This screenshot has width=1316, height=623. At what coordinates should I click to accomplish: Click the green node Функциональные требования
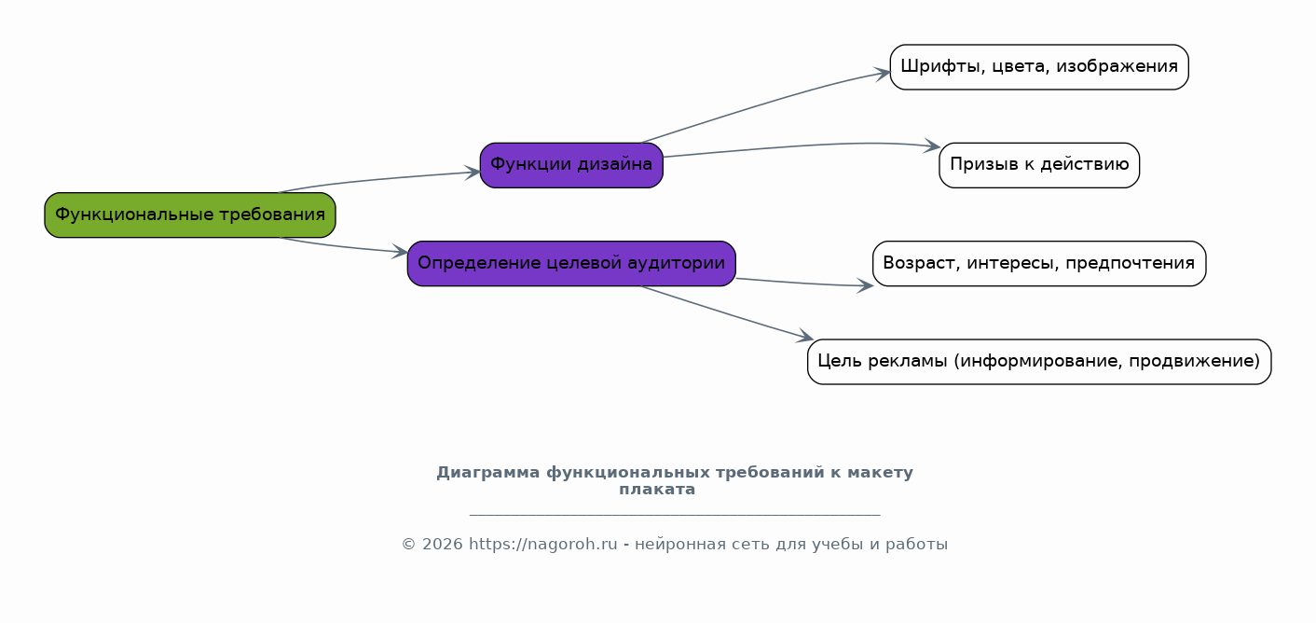[x=190, y=215]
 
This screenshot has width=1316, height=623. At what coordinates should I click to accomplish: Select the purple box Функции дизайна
[x=571, y=165]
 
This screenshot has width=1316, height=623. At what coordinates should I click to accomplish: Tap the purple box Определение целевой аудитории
[x=571, y=263]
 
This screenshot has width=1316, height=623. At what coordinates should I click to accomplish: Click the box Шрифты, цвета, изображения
[x=1039, y=67]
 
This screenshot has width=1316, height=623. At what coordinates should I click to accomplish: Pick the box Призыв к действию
[x=1039, y=165]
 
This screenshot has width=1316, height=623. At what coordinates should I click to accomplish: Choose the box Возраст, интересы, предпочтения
[x=1039, y=263]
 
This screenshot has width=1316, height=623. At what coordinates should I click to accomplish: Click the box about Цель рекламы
[x=1039, y=362]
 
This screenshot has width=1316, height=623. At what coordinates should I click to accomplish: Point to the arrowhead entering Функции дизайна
[x=473, y=173]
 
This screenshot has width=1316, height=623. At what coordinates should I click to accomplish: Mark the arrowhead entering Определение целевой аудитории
[x=400, y=252]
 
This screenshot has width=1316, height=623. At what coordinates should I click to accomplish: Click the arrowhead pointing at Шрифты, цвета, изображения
[x=883, y=74]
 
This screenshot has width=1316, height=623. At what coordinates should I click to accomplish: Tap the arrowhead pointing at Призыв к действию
[x=932, y=145]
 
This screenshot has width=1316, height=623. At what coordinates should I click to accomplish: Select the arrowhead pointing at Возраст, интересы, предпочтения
[x=866, y=285]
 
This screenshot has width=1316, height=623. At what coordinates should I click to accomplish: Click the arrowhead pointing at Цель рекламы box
[x=805, y=336]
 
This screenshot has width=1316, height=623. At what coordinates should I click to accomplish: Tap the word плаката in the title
[x=657, y=490]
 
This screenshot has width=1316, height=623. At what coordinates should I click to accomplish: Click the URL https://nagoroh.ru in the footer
[x=542, y=545]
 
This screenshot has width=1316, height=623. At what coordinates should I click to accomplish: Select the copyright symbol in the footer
[x=408, y=545]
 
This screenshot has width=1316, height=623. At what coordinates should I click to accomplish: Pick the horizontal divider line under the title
[x=675, y=515]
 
